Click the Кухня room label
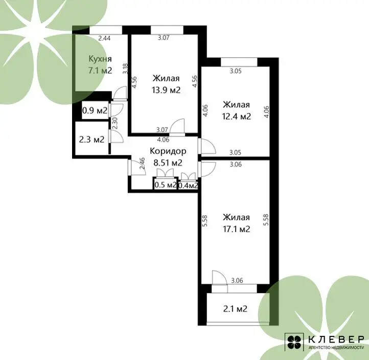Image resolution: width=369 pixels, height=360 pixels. point(100,59)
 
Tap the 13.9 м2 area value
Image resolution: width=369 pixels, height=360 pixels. point(166,90)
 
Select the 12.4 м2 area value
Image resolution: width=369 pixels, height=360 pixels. point(237,116)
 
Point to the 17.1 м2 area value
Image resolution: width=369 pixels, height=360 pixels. point(237,229)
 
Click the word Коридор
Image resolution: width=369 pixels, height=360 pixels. point(168,151)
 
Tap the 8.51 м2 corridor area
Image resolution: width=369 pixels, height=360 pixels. point(168,163)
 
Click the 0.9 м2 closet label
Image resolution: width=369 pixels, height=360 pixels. point(95,110)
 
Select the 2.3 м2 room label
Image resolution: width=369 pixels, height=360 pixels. point(91,140)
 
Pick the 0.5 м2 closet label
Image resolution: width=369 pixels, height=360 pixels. point(165,185)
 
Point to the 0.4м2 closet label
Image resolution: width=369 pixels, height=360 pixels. point(188,186)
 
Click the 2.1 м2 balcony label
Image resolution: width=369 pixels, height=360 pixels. point(235,308)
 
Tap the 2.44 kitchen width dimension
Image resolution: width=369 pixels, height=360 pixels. point(104,38)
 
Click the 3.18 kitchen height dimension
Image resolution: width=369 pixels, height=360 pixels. point(126,69)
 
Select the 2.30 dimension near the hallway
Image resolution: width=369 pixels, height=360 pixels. point(115,123)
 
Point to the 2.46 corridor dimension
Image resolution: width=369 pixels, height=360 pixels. point(142,164)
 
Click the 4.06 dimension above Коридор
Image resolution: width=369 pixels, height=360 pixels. point(163,140)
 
